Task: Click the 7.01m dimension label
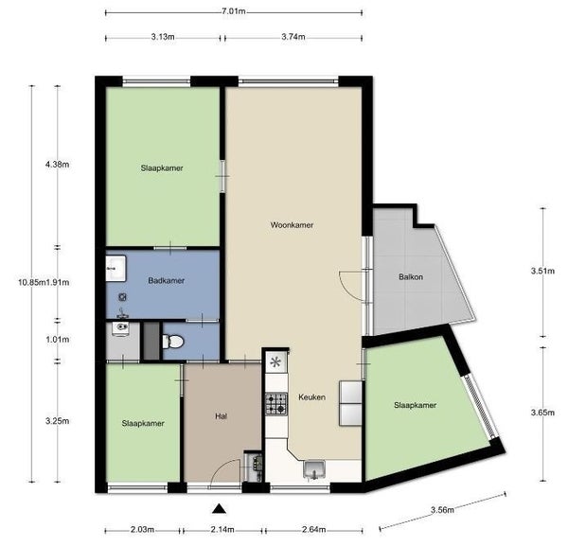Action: point(234,11)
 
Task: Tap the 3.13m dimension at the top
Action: point(163,37)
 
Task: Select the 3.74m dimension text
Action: point(293,37)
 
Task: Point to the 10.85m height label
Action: point(31,282)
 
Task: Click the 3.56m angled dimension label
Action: point(442,510)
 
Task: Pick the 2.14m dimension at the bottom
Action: point(222,530)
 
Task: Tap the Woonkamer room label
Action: point(292,225)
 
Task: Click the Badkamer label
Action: point(167,281)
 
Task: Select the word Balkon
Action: point(411,277)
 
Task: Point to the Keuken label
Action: point(311,397)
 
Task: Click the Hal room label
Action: point(221,416)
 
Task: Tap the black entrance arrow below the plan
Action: point(219,509)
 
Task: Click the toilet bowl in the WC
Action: point(173,342)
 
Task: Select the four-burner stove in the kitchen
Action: point(276,404)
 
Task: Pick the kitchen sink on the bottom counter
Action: point(314,469)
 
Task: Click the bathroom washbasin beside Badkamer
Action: point(115,269)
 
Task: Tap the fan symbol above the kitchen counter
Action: point(276,361)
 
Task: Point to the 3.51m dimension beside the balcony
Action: point(542,271)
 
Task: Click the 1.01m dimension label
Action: point(58,340)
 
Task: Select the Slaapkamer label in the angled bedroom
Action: point(416,405)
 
